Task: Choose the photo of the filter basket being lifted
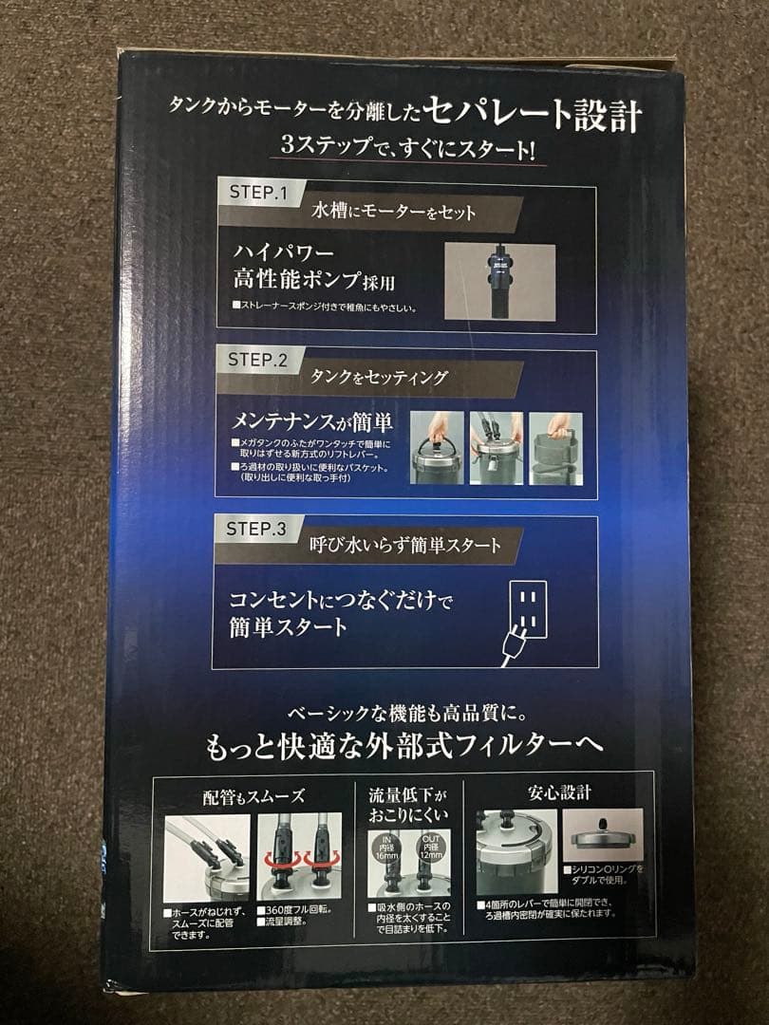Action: point(555,448)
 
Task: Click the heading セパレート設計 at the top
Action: point(534,117)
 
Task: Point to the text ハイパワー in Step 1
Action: point(284,253)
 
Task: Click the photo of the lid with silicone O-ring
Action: point(602,834)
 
